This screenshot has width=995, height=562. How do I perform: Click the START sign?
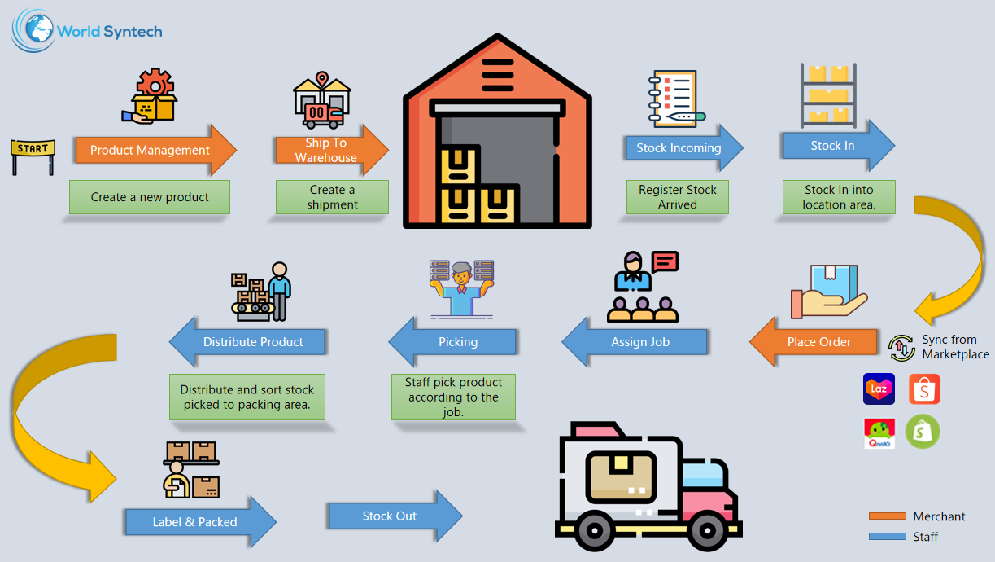tap(33, 149)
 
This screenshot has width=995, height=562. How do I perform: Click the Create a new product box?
tap(150, 197)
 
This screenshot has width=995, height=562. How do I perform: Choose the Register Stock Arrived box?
tap(677, 197)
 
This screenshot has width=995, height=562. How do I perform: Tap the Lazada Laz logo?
tap(879, 389)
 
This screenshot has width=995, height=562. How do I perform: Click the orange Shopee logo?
tap(924, 389)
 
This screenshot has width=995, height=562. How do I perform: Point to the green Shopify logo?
tap(923, 432)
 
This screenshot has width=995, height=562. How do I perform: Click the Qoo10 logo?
tap(879, 432)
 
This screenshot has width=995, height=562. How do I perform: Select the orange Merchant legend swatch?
tap(887, 516)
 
